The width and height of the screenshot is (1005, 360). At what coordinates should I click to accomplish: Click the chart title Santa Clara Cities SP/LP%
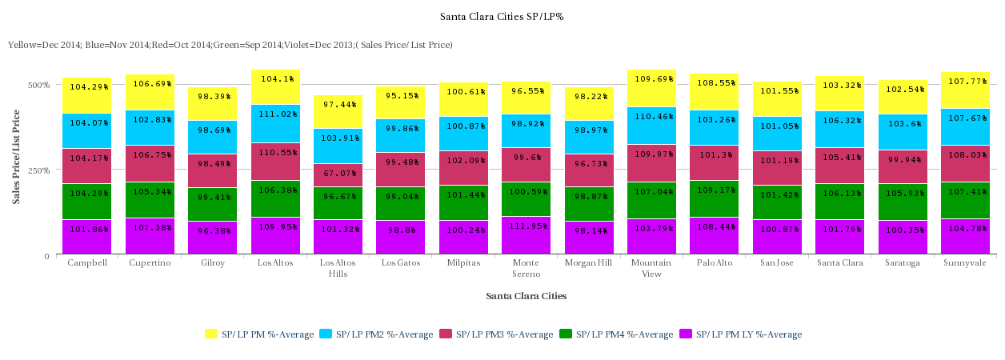point(502,17)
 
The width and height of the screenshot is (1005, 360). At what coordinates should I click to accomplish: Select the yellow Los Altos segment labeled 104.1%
point(275,87)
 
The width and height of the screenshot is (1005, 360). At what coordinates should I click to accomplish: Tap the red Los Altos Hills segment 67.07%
point(338,175)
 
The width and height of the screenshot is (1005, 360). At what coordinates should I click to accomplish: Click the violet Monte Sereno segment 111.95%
point(527,235)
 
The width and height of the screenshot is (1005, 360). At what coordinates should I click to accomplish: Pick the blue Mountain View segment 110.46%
point(652,126)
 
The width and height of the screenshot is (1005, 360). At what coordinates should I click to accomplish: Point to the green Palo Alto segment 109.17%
point(715,199)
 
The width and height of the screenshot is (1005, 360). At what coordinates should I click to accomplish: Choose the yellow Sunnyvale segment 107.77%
point(966,90)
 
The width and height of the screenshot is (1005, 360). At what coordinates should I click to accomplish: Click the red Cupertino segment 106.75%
point(150,164)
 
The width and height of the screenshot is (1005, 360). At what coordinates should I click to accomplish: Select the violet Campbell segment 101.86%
point(87,237)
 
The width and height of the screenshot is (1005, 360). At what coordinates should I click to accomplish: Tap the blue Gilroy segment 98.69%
point(213,138)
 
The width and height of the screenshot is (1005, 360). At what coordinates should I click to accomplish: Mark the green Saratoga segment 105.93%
point(903,202)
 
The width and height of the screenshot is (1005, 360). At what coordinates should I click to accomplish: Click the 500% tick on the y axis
point(38,85)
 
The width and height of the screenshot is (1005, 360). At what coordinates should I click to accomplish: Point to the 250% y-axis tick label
point(38,170)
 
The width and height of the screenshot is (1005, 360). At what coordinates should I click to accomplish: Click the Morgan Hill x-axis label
point(588,262)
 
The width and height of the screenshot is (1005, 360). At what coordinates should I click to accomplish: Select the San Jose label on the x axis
point(777,262)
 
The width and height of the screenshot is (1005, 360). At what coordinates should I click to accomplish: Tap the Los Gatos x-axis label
point(401,262)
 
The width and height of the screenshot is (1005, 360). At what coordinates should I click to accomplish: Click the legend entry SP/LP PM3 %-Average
point(496,334)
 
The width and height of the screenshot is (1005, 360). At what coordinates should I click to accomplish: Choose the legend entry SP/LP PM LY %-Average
point(740,334)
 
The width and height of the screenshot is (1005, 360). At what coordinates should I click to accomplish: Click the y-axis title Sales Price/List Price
point(16,157)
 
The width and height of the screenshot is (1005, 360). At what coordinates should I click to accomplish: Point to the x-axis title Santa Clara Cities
point(527,296)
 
